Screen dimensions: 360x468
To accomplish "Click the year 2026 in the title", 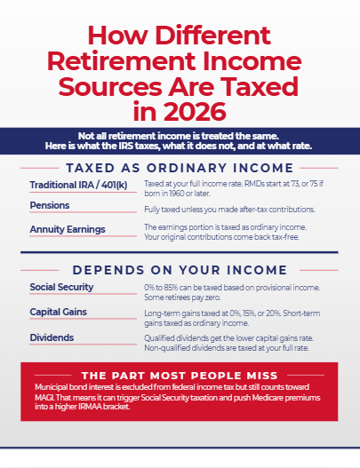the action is (195, 112).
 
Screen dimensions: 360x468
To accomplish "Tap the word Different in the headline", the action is (212, 36).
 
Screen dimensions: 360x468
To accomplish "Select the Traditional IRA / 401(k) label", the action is (78, 186).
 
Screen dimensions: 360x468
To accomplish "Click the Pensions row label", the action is (50, 205).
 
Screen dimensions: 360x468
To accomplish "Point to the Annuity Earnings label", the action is (68, 229).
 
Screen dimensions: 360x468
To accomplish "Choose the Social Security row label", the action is (61, 287).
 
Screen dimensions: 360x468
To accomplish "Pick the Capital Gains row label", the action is (59, 312).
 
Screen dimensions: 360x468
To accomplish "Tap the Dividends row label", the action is (52, 337).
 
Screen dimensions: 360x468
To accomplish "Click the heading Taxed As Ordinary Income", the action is (180, 168).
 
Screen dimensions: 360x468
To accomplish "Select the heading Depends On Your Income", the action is (180, 270).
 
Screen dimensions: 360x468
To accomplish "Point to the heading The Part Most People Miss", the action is (180, 376).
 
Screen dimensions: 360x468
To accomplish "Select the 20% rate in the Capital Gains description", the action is (274, 313).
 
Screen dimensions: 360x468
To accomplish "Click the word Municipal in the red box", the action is (51, 387).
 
